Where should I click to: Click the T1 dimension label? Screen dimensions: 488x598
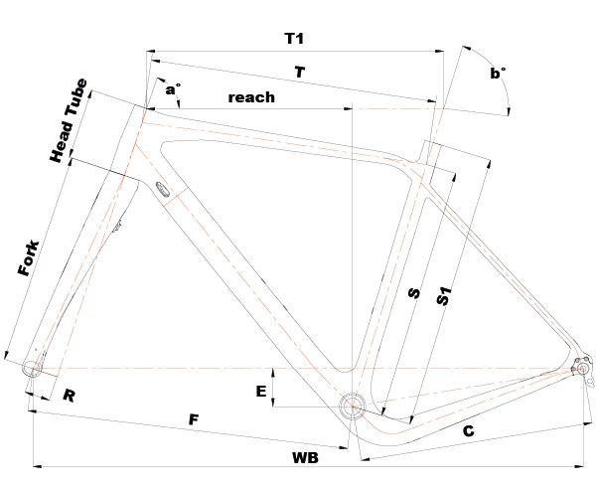(294, 39)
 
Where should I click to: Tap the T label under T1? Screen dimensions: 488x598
(299, 72)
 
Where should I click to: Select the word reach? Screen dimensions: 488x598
(251, 97)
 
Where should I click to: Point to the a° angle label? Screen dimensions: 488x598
(173, 90)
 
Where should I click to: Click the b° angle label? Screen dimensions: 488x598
(498, 72)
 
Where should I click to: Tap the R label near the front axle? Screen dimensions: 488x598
(69, 396)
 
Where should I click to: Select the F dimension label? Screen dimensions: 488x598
(195, 420)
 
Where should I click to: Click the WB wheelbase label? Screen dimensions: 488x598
(305, 459)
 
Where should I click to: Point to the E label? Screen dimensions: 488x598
(261, 392)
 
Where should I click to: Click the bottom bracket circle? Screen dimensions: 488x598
(352, 406)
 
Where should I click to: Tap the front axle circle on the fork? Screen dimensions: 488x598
(32, 368)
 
